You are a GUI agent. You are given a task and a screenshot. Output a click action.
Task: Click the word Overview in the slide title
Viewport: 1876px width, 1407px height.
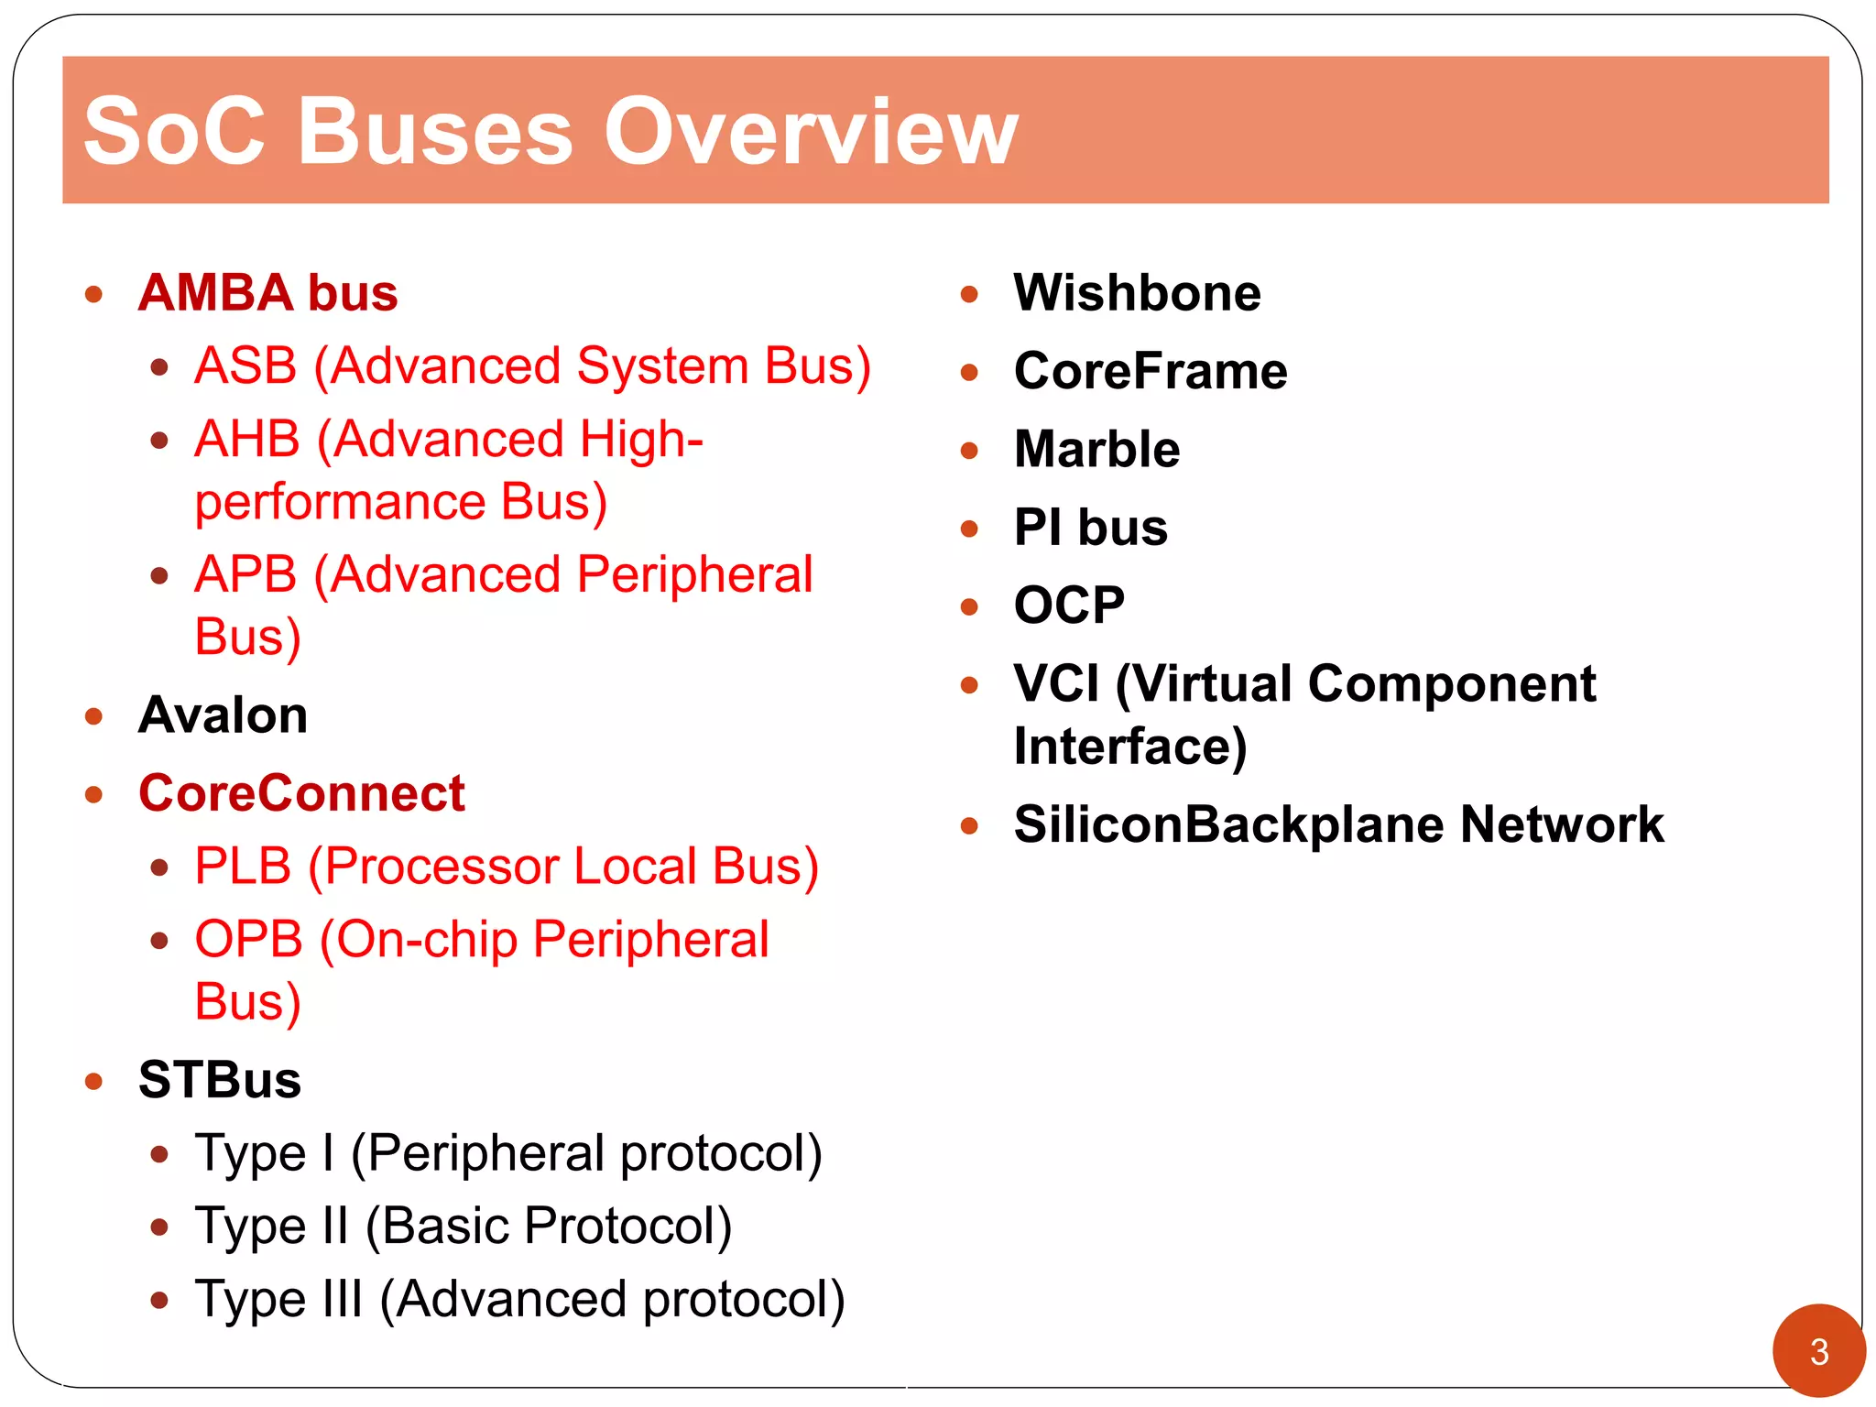tap(810, 132)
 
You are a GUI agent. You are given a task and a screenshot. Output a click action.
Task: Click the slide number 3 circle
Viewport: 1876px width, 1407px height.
tap(1818, 1351)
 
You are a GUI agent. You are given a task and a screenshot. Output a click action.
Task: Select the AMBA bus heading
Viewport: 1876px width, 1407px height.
tap(267, 293)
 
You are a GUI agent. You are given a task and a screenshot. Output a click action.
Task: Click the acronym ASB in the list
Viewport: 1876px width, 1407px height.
tap(245, 366)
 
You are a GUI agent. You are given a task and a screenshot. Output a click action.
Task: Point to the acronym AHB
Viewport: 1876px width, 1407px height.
tap(247, 440)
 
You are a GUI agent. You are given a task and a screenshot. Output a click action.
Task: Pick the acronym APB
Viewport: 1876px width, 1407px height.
tap(245, 575)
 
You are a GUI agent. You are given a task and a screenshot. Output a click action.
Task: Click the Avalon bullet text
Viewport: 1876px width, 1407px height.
tap(223, 715)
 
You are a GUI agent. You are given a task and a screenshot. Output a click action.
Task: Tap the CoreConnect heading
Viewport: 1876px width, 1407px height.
tap(301, 793)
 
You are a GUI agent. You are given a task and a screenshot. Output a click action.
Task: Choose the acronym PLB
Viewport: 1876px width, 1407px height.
tap(243, 867)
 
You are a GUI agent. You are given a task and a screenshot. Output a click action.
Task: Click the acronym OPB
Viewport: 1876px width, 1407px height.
tap(248, 940)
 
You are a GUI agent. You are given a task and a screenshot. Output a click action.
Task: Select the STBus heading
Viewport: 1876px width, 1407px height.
tap(220, 1080)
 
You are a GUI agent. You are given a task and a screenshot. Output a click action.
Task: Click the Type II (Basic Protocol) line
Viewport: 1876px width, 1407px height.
tap(463, 1227)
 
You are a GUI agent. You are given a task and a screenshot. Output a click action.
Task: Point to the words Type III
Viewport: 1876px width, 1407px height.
tap(278, 1300)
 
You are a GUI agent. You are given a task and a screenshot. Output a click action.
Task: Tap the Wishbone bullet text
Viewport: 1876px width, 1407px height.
tap(1137, 293)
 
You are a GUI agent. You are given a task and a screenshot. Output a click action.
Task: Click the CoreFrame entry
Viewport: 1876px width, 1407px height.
tap(1151, 371)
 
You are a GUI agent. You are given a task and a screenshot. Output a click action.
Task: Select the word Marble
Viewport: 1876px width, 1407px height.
tap(1096, 450)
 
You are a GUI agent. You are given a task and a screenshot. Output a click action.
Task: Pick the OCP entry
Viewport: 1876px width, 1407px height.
tap(1069, 605)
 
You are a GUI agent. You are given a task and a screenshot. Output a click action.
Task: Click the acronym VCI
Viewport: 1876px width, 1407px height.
tap(1056, 684)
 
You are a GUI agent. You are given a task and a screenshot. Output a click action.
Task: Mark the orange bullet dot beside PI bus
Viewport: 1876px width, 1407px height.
tap(969, 529)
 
